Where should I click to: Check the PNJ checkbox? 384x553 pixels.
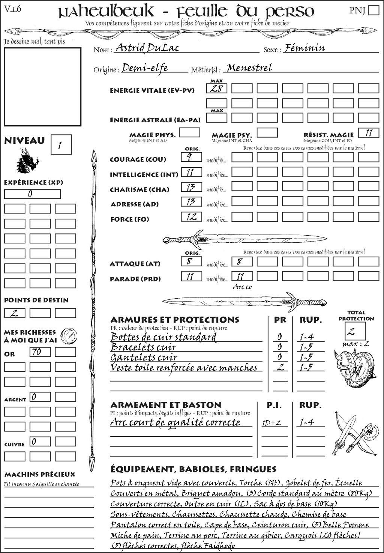tap(373, 10)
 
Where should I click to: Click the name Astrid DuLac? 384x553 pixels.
tap(147, 48)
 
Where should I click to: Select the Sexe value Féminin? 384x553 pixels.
tap(304, 48)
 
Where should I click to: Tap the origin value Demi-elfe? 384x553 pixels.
tap(145, 68)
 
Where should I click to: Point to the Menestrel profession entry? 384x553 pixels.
tap(249, 68)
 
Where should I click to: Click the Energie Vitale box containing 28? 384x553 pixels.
tap(217, 89)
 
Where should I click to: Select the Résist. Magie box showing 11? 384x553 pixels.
tap(369, 133)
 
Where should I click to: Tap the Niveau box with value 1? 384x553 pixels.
tap(61, 145)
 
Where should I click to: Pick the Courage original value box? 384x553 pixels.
tap(191, 157)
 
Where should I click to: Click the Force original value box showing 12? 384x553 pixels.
tap(191, 217)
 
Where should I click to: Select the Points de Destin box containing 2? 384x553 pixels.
tap(15, 313)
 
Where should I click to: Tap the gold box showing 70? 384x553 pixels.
tap(40, 352)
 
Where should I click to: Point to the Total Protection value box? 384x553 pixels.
tap(355, 331)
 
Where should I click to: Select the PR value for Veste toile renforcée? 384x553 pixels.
tap(280, 367)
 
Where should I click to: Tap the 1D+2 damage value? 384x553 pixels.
tap(271, 423)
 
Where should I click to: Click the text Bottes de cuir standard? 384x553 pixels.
tap(163, 337)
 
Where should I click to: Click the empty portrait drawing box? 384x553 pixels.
tap(42, 87)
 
